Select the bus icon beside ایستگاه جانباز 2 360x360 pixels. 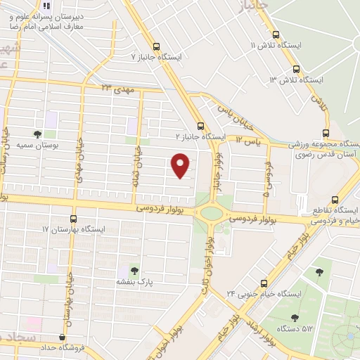pyautogui.click(x=202, y=127)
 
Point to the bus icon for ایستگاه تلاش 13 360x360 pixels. pyautogui.click(x=297, y=70)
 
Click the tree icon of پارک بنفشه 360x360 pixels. pyautogui.click(x=134, y=271)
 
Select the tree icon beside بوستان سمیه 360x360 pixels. pyautogui.click(x=37, y=134)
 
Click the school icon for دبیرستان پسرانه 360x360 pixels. pyautogui.click(x=47, y=5)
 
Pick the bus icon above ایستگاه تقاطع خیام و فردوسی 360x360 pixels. pyautogui.click(x=334, y=199)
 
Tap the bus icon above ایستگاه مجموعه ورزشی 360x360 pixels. pyautogui.click(x=326, y=132)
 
